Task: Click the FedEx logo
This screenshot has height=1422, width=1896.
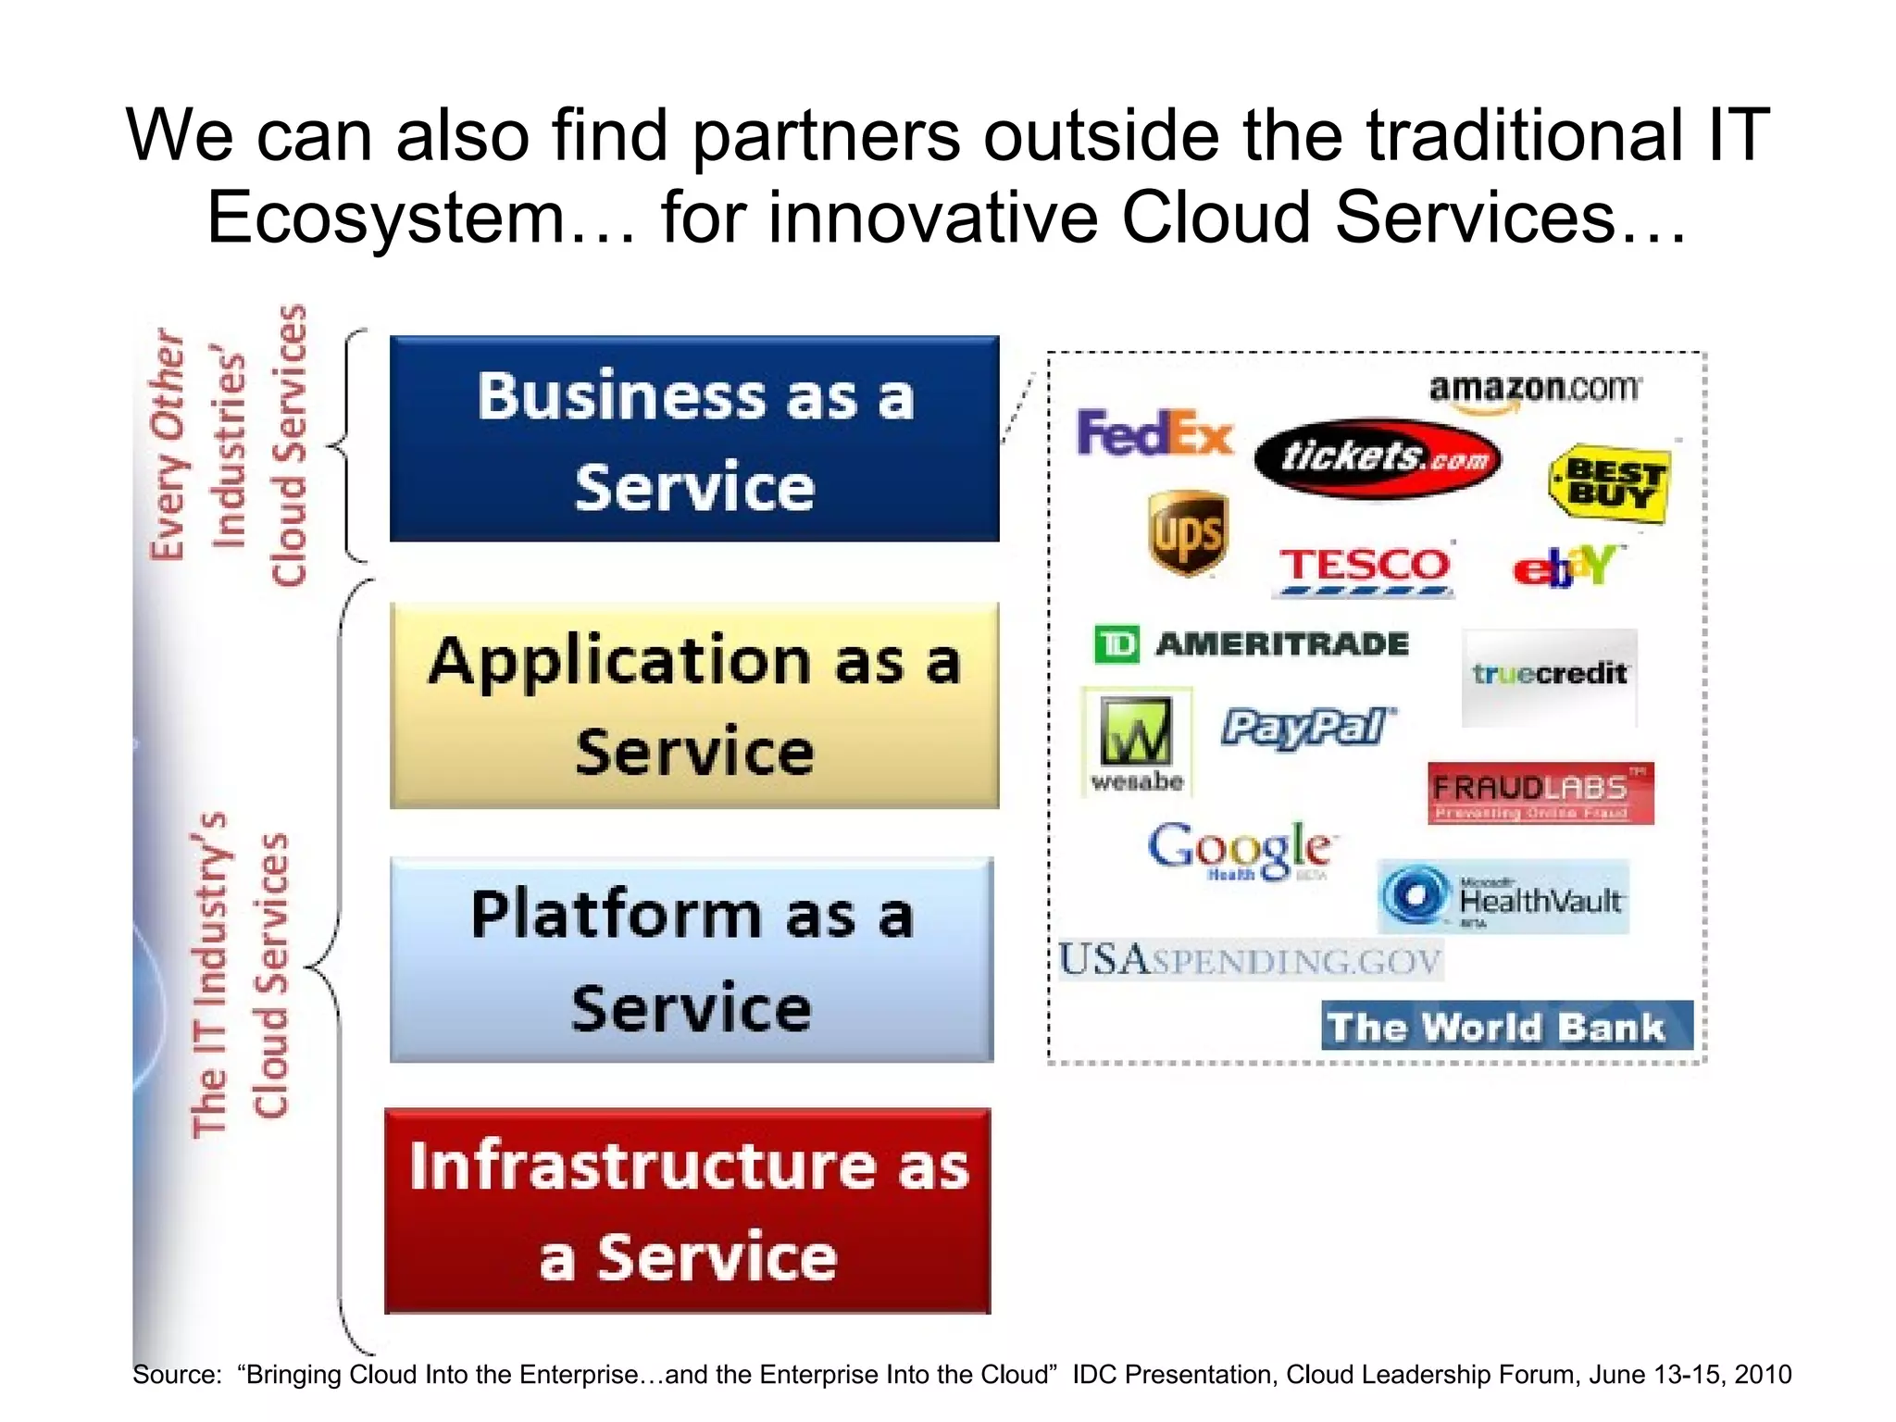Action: tap(1154, 433)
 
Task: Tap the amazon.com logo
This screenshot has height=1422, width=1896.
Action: tap(1533, 389)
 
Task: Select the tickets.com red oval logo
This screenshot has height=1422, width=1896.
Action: tap(1378, 457)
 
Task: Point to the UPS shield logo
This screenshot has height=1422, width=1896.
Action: tap(1188, 533)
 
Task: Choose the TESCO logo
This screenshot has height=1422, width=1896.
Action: tap(1365, 568)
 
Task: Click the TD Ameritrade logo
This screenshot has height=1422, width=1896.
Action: tap(1251, 643)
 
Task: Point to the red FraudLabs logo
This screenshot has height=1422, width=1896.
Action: tap(1540, 793)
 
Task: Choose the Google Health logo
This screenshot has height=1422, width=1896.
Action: tap(1240, 850)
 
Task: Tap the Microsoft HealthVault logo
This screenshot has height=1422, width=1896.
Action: tap(1503, 897)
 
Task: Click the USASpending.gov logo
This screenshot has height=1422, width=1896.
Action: tap(1250, 960)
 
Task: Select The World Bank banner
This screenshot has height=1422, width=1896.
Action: tap(1506, 1026)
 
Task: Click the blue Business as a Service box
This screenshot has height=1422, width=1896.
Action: tap(694, 439)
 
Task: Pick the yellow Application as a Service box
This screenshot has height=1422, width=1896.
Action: tap(694, 705)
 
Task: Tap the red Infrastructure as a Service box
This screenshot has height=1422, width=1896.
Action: tap(688, 1210)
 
